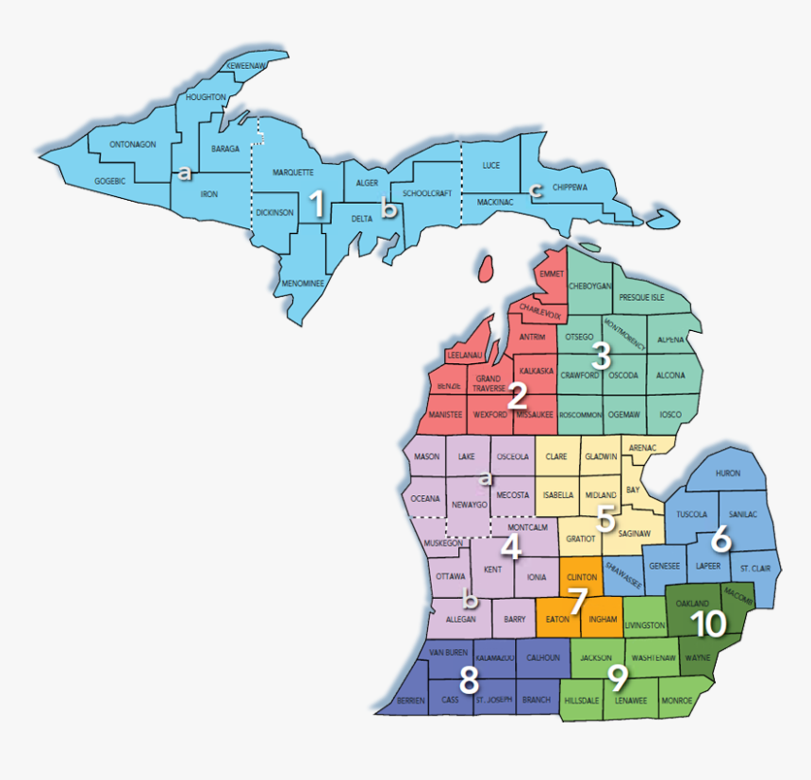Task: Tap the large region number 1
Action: [x=318, y=205]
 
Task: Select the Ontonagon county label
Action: [x=132, y=144]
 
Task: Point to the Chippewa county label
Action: [x=570, y=188]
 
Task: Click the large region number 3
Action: [x=601, y=356]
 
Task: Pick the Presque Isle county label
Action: [x=641, y=297]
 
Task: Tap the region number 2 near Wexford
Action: [x=517, y=395]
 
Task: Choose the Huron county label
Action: [x=728, y=474]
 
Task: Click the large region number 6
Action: [x=720, y=539]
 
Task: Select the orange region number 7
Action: [x=578, y=599]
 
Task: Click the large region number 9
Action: [x=618, y=676]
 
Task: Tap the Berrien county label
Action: [x=410, y=700]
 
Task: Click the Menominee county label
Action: [x=303, y=283]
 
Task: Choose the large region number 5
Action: [x=605, y=517]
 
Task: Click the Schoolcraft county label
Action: [x=427, y=193]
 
